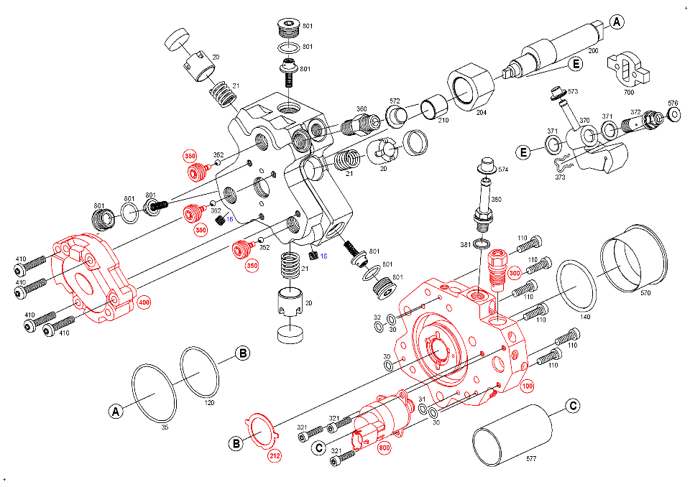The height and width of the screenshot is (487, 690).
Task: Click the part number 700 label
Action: pyautogui.click(x=629, y=93)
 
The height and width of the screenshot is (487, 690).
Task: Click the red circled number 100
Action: pyautogui.click(x=528, y=386)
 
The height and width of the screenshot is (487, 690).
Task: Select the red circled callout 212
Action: pyautogui.click(x=275, y=455)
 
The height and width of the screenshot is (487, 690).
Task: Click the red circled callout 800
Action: pyautogui.click(x=384, y=447)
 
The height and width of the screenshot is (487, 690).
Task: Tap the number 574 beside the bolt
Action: pyautogui.click(x=502, y=170)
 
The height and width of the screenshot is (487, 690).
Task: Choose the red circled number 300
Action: pyautogui.click(x=514, y=273)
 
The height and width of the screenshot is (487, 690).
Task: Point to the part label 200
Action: pyautogui.click(x=593, y=52)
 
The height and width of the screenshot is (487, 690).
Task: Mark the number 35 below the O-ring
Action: pyautogui.click(x=165, y=427)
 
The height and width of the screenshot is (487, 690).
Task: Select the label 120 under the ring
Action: pyautogui.click(x=210, y=403)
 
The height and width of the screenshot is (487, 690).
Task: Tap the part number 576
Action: pyautogui.click(x=673, y=103)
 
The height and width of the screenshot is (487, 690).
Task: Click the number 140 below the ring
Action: pyautogui.click(x=586, y=316)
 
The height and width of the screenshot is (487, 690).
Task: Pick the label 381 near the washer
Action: pyautogui.click(x=465, y=245)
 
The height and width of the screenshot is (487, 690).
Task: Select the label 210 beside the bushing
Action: pyautogui.click(x=443, y=119)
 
